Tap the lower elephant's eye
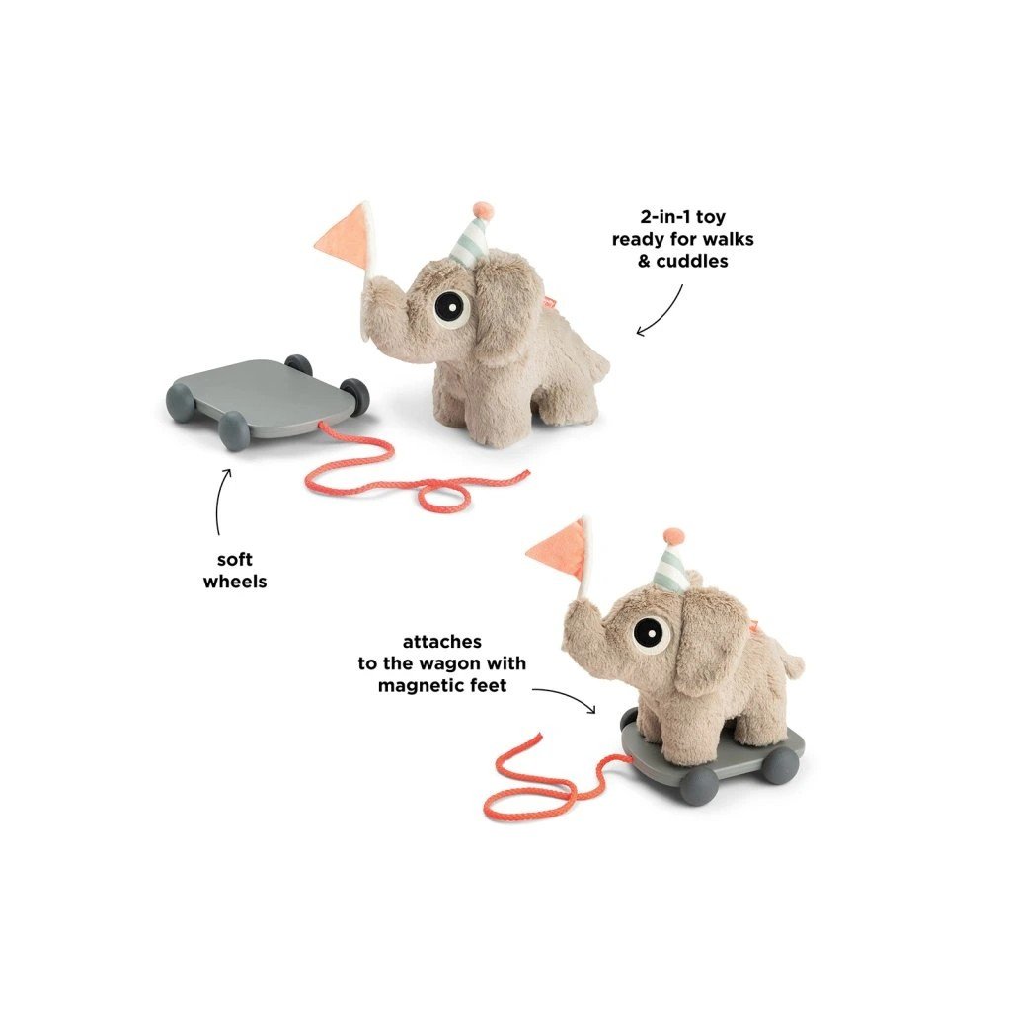coord(649,629)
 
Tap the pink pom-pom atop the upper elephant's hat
coord(482,210)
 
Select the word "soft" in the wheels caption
coord(235,560)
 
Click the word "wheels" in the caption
coord(235,582)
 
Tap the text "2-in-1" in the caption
coord(656,217)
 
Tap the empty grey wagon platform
coord(259,395)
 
